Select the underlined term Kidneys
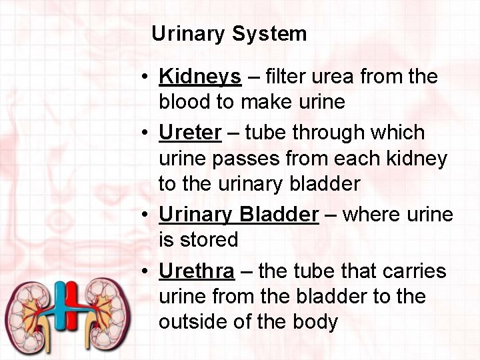(200, 77)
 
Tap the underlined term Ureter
(189, 133)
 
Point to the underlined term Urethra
(197, 271)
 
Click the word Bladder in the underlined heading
(279, 215)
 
